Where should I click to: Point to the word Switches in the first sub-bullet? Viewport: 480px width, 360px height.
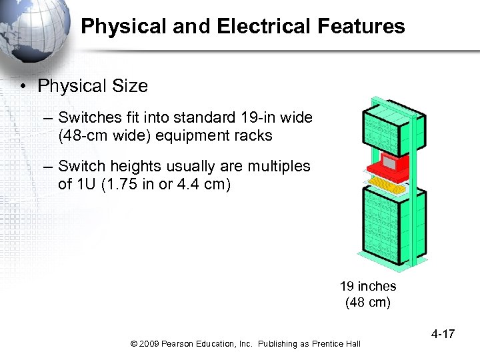pos(86,118)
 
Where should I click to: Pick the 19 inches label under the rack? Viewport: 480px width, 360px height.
pos(367,287)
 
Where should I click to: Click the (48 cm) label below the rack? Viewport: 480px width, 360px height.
pos(367,303)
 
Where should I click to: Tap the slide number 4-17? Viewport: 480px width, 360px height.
pos(442,333)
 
